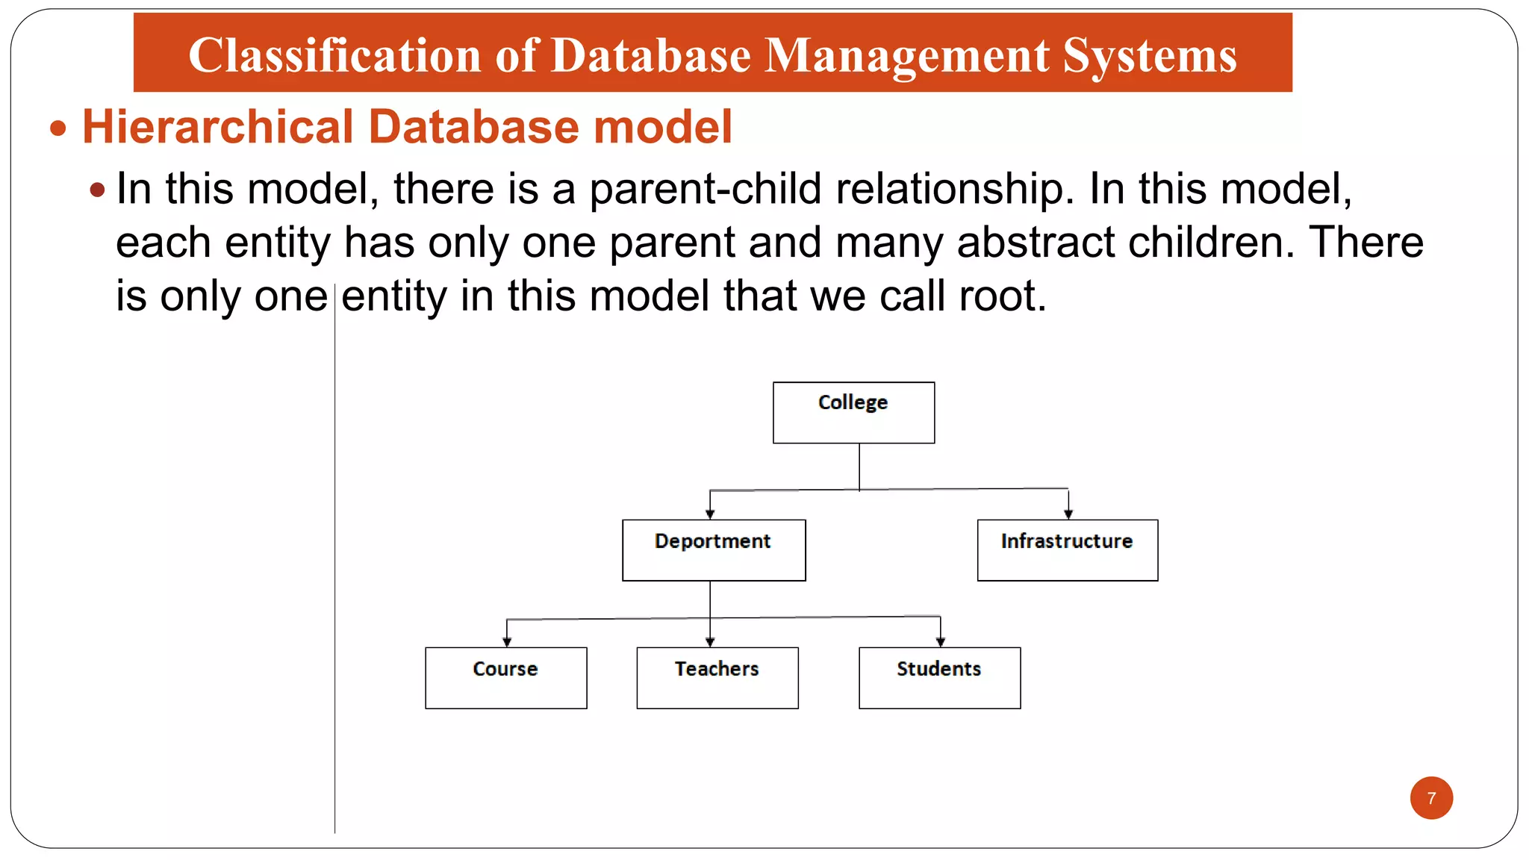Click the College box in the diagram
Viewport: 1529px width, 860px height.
(x=853, y=412)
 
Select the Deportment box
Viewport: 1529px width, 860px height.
(x=714, y=549)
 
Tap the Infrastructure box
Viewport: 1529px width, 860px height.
(x=1067, y=549)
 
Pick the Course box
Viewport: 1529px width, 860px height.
(x=505, y=677)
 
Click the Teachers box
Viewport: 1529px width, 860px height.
(x=717, y=677)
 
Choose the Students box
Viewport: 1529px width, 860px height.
(x=939, y=677)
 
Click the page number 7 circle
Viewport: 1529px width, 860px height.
(x=1430, y=797)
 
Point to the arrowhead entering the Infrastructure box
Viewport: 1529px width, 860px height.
(x=1068, y=514)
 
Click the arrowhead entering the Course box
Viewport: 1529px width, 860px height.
(x=507, y=641)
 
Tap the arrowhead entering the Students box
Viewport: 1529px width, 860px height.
(x=940, y=641)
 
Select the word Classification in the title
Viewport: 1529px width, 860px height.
(x=334, y=55)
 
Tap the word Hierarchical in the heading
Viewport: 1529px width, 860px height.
(x=217, y=126)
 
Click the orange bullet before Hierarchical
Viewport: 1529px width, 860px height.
(x=58, y=128)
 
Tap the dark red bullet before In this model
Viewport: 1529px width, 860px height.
(x=97, y=190)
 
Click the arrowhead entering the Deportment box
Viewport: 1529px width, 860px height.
(x=710, y=514)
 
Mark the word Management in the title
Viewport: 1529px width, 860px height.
(x=907, y=55)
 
